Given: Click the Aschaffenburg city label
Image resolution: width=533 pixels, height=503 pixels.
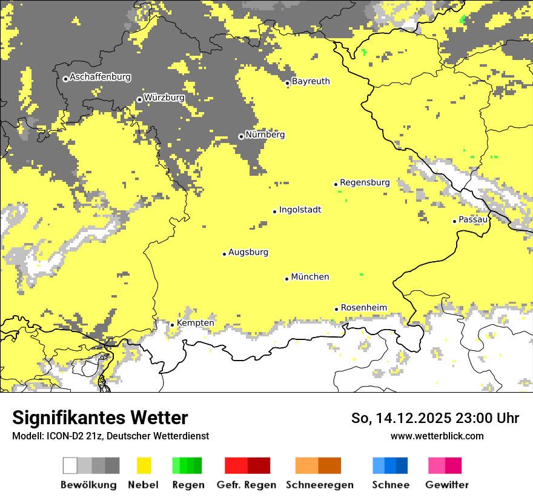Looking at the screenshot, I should tap(100, 77).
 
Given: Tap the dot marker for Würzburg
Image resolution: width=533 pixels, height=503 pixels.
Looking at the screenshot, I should tap(139, 99).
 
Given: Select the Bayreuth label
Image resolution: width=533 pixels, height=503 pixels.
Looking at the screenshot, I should tap(311, 81).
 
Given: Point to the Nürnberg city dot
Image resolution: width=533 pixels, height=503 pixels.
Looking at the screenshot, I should tap(241, 136).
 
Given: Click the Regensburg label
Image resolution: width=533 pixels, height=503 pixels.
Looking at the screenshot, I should tap(365, 182).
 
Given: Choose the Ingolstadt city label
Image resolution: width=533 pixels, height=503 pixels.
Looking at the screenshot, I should tap(300, 210).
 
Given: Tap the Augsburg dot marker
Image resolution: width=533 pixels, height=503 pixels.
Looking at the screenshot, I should tap(224, 254).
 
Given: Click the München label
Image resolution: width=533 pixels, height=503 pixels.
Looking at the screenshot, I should tap(310, 277).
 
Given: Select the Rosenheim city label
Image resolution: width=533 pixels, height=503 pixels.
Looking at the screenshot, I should tap(363, 308).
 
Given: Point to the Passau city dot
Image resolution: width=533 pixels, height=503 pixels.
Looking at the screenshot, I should tap(454, 221).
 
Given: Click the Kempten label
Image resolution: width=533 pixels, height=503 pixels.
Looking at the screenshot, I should tap(195, 323).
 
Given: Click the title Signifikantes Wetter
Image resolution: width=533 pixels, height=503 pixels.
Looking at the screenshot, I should tap(100, 418).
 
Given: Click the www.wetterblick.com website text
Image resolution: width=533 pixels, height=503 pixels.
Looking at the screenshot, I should tap(437, 436).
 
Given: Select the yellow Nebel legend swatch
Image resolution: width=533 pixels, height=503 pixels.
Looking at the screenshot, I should tap(144, 465).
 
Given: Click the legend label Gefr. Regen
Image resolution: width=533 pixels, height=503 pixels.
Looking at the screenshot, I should tap(247, 485).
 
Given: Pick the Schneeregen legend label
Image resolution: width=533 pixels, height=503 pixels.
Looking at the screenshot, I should tap(320, 485).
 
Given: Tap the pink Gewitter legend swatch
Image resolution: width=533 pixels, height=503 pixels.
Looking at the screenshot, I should tap(437, 465).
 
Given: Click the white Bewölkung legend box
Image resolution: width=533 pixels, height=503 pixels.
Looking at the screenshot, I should tap(70, 465).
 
